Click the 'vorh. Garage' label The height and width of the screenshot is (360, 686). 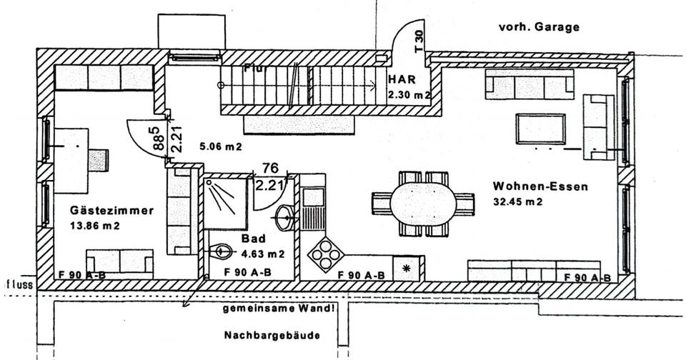coord(539,28)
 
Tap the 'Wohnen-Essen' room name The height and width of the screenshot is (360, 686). coord(540,187)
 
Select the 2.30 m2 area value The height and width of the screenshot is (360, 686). coord(409,94)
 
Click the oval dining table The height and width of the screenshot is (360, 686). coord(423,204)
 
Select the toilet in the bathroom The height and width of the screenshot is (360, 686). coord(223,250)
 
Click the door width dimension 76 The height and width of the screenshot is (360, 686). coord(269,168)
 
